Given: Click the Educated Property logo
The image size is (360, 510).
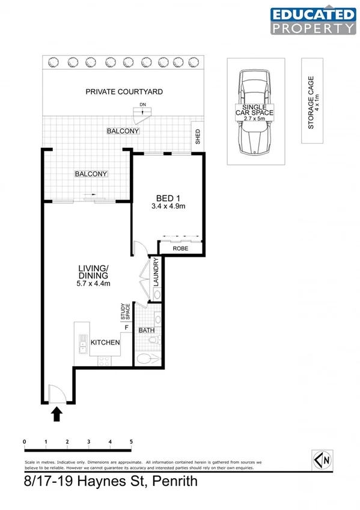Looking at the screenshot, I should click(313, 21).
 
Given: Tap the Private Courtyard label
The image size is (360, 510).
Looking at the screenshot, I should click(124, 92).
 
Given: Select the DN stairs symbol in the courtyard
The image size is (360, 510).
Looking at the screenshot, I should click(142, 112).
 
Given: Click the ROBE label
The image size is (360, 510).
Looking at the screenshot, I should click(180, 248).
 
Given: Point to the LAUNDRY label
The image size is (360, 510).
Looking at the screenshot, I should click(156, 271).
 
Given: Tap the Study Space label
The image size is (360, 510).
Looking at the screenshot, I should click(124, 312).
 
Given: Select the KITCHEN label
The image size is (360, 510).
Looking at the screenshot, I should click(105, 342).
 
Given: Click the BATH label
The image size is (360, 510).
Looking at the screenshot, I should click(147, 331).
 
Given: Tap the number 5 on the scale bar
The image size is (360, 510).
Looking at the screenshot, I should click(131, 442).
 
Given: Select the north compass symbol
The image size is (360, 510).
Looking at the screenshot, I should click(323, 460).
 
